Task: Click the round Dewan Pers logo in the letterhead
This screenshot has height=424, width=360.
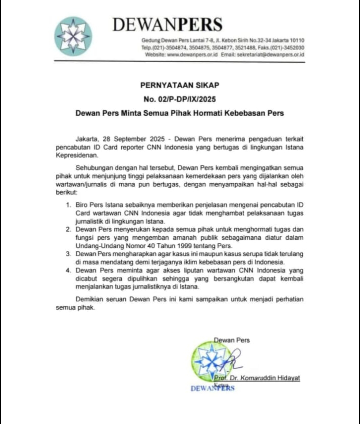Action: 73,36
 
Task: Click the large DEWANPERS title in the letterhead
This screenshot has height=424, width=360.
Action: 167,24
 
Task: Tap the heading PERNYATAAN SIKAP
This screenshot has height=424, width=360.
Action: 180,85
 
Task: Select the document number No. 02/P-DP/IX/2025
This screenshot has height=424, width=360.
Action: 180,99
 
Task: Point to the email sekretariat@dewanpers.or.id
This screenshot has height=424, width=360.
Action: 271,55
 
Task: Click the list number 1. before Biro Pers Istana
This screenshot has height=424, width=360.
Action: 68,205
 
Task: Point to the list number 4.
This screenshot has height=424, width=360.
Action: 68,271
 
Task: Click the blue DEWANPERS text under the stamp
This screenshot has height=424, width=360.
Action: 213,388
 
